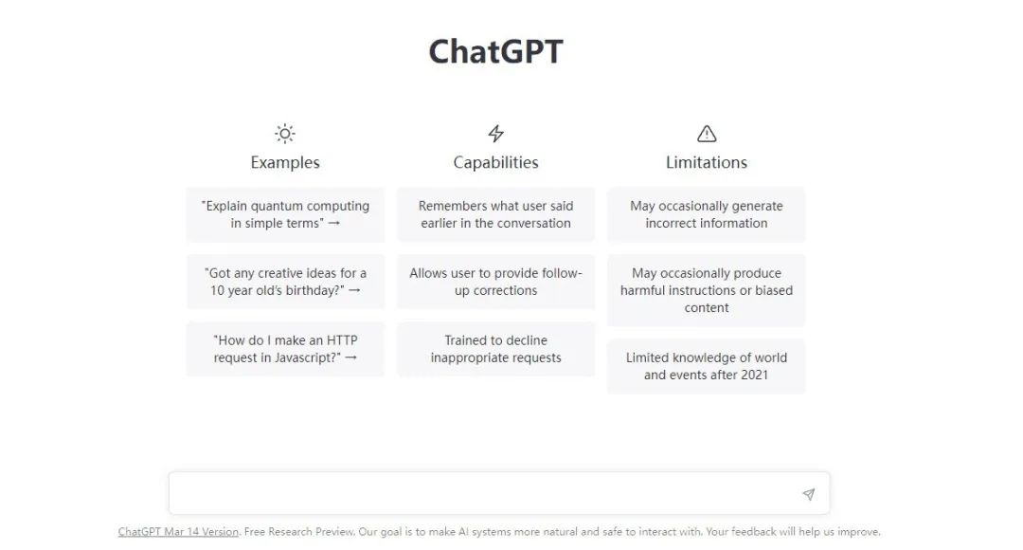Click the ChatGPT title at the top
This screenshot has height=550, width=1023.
(495, 51)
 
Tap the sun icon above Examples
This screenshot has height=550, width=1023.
(285, 134)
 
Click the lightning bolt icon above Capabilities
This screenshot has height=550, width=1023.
(495, 134)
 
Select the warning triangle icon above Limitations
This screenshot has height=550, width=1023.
(707, 134)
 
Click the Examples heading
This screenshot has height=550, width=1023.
(285, 163)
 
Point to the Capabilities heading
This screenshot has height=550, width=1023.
(495, 163)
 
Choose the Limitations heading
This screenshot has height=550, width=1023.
(707, 163)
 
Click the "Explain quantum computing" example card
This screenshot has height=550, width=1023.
(285, 215)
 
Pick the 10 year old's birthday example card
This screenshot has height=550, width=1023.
(285, 282)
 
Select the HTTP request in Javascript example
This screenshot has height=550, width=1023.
(285, 349)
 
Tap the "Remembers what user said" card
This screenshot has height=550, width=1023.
(495, 215)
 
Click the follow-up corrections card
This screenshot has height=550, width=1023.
(495, 282)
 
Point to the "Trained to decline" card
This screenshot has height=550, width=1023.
(495, 349)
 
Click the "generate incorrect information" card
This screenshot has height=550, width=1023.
(707, 215)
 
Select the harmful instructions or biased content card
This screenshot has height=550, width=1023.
(707, 290)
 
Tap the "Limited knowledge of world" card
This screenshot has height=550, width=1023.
(707, 366)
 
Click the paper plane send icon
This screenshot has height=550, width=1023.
(808, 494)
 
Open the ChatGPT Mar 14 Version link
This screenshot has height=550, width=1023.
(178, 532)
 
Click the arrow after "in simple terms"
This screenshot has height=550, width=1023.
(334, 224)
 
